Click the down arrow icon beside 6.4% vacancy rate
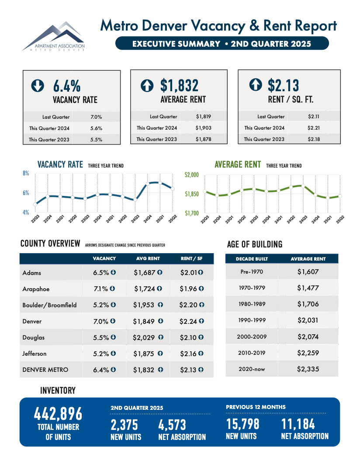(38, 85)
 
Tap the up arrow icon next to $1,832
(147, 85)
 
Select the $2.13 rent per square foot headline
(284, 85)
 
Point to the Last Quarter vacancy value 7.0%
(96, 117)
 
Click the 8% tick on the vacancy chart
(26, 173)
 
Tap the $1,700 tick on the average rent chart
(191, 213)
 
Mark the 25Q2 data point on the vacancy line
(173, 189)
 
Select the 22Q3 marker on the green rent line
(204, 191)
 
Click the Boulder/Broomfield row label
(49, 305)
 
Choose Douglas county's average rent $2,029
(144, 337)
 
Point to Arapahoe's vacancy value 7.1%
(100, 288)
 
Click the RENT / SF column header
(191, 259)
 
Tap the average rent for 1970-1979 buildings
(308, 288)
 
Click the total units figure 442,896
(58, 414)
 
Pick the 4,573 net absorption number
(172, 425)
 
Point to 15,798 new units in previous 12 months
(242, 424)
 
